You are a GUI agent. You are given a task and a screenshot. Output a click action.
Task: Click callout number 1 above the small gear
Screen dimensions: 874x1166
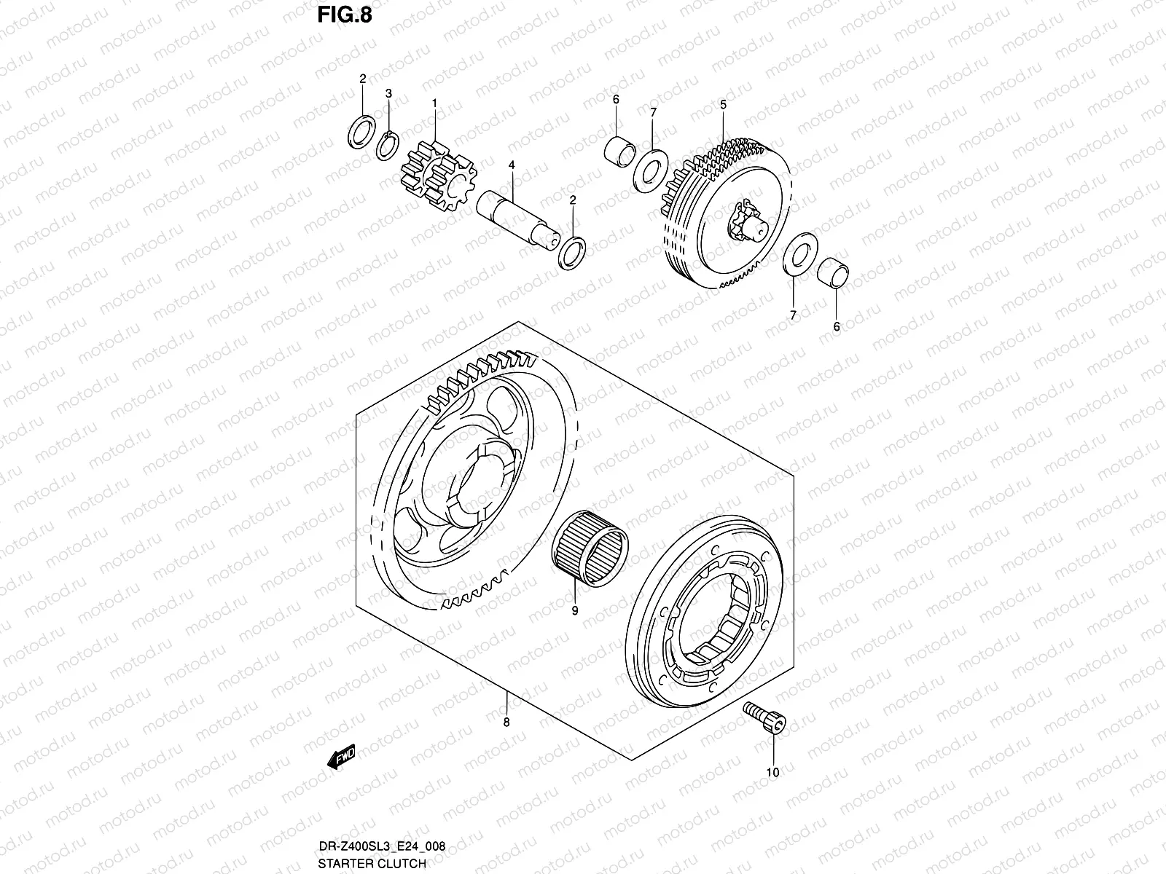point(434,103)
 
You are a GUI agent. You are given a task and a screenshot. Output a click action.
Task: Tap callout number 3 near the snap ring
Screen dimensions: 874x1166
point(388,94)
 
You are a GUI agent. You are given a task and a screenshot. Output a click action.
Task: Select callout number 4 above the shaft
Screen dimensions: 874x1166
point(512,166)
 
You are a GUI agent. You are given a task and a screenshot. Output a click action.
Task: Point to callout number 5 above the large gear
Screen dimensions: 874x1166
point(723,105)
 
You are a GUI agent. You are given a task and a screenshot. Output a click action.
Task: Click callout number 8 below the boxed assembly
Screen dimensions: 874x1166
point(506,723)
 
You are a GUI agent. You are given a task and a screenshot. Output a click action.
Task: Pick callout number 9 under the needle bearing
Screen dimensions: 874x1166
point(574,611)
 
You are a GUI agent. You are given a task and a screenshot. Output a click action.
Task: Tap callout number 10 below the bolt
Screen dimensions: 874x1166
point(773,773)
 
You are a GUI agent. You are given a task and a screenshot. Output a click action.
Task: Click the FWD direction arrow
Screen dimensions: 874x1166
point(341,757)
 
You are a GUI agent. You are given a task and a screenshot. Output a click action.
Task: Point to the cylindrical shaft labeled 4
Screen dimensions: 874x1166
point(519,215)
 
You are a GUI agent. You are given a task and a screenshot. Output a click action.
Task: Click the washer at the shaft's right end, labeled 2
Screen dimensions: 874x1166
point(572,252)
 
